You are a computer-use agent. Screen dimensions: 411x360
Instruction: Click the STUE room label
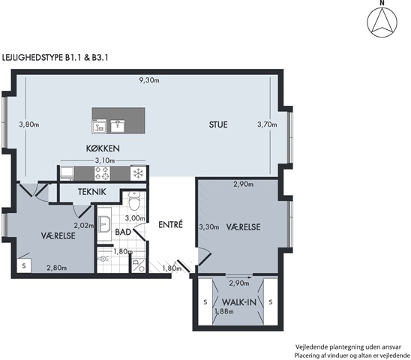point(218,124)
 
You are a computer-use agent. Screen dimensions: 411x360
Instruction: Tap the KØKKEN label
point(103,148)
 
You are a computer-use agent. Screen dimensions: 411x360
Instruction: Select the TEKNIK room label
point(92,192)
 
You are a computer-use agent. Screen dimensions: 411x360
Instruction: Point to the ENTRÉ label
point(170,224)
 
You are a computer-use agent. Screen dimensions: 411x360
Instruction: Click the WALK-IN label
point(238,302)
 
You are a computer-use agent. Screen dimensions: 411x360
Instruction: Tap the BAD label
point(123,232)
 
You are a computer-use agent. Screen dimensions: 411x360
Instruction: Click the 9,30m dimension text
point(149,80)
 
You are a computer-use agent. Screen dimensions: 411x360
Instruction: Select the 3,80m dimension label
point(29,124)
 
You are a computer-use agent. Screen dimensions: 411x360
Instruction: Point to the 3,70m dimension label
point(267,124)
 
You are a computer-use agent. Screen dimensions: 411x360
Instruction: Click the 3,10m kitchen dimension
point(105,160)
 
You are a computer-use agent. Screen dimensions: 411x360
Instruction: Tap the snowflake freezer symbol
point(138,173)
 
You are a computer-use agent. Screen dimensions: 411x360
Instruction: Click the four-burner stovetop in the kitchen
point(102,173)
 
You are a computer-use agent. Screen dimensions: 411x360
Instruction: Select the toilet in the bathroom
point(134,200)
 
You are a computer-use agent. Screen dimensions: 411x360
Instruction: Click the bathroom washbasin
point(105,224)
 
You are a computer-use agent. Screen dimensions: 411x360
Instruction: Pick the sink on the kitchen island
point(118,125)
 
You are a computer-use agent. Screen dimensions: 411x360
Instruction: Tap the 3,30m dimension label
point(209,227)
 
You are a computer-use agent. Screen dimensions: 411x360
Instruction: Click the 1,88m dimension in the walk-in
point(224,311)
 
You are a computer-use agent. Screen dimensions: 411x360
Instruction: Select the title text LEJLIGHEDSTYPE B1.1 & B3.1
point(55,58)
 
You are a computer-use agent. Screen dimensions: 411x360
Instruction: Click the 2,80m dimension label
point(56,268)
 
